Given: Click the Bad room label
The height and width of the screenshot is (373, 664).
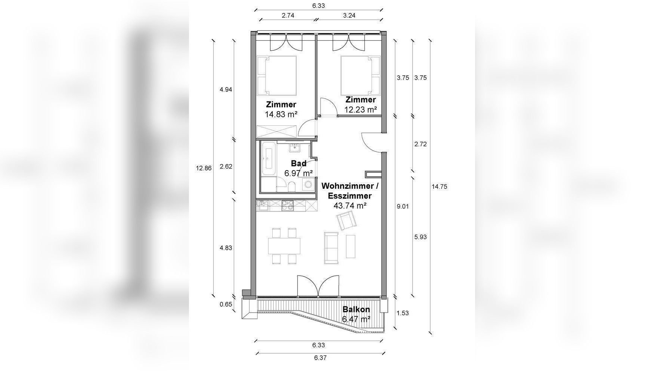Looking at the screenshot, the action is (299, 163).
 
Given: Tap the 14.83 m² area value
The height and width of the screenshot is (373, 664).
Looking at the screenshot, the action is (281, 115).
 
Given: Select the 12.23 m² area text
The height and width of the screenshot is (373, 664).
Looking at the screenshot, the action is (361, 110).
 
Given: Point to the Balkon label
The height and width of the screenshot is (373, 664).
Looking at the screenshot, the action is (356, 310).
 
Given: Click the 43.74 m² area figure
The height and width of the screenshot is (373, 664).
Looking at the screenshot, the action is (350, 206).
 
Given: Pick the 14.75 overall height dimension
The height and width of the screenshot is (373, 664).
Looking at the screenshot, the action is (439, 187).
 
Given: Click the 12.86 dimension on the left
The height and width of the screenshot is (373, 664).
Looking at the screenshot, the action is (204, 168).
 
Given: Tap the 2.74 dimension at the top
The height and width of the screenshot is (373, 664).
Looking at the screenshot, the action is (288, 15).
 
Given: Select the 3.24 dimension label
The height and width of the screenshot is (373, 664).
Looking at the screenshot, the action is (349, 15).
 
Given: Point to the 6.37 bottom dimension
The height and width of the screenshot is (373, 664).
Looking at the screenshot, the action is (320, 358).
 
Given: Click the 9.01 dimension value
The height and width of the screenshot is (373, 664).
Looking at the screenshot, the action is (403, 206).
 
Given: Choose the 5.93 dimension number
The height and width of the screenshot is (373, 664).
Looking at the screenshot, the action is (421, 237).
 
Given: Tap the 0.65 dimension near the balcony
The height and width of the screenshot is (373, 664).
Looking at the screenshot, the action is (226, 304).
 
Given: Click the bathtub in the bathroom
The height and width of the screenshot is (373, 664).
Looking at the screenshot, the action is (268, 159).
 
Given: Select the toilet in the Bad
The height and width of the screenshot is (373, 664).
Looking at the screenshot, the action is (292, 186).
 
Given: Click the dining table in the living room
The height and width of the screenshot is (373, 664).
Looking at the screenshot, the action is (284, 246).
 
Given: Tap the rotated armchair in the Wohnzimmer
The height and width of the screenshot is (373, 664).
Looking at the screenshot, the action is (347, 220).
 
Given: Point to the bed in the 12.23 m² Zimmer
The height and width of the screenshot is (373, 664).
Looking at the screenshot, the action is (360, 76).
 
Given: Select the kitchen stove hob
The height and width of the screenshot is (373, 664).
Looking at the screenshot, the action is (288, 206).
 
